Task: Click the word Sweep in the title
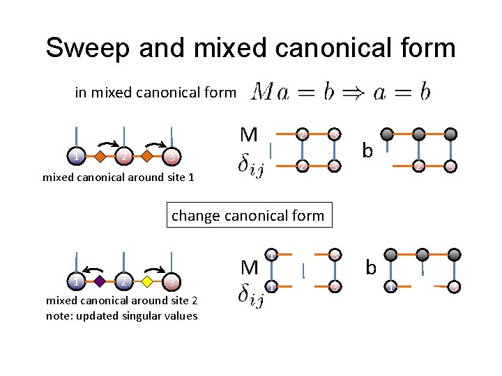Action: tap(89, 47)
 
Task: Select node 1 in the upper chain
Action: tap(77, 157)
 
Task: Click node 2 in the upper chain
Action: tap(124, 157)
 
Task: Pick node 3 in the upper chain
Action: tap(172, 157)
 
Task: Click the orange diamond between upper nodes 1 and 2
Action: tap(100, 157)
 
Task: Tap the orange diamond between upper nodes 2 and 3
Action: tap(147, 157)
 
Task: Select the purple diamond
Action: tap(100, 282)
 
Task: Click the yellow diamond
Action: tap(147, 282)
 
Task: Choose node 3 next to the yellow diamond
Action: tap(172, 283)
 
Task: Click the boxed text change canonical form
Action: tap(248, 215)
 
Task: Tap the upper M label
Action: tap(248, 133)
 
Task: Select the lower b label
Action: tap(371, 267)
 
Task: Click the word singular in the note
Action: tap(135, 316)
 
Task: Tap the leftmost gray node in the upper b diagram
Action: tap(387, 133)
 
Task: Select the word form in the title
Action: tap(425, 47)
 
